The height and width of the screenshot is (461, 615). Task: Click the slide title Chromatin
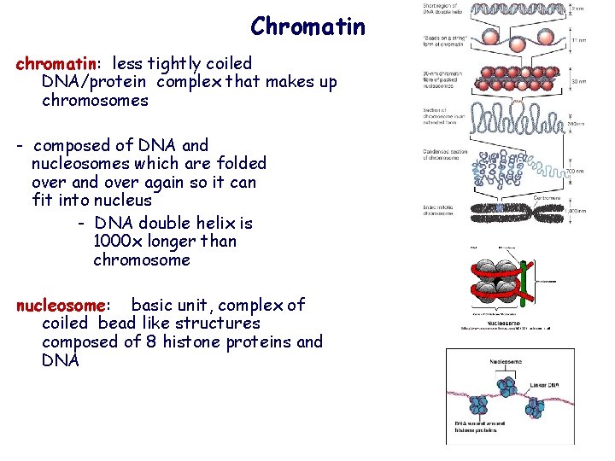[x=307, y=27]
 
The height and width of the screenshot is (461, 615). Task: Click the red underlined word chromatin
[x=56, y=63]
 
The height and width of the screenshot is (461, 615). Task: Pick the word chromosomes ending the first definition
[x=95, y=101]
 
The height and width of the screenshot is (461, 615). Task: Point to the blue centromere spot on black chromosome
[x=500, y=207]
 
